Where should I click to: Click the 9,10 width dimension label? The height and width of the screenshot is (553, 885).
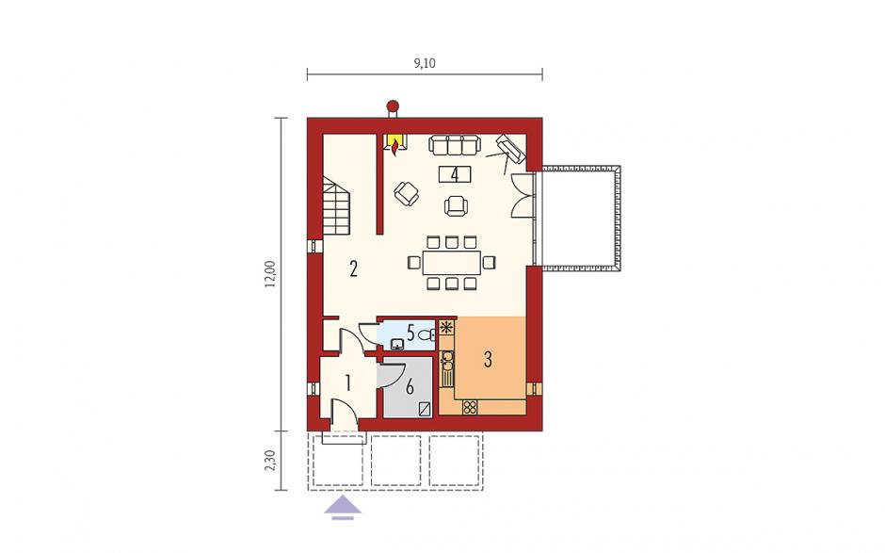point(425,63)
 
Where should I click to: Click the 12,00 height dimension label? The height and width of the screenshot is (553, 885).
point(271,274)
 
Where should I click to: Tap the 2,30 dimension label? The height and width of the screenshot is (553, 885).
point(271,461)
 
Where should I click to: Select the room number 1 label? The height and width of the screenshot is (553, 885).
point(348,383)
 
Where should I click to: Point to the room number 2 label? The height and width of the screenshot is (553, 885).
point(353,268)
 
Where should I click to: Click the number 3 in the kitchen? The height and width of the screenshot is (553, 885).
point(488,359)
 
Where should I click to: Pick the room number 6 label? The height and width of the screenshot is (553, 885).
point(410,387)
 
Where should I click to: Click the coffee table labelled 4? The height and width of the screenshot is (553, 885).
point(455,174)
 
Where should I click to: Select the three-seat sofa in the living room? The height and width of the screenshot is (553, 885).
point(455,144)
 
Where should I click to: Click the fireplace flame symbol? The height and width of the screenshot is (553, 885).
point(395,147)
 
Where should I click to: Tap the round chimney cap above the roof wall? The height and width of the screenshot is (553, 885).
point(393,106)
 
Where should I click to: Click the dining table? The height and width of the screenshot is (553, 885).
point(452,263)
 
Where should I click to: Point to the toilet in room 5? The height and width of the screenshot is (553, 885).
point(427,335)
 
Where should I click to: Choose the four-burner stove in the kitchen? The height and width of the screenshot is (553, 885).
point(470,406)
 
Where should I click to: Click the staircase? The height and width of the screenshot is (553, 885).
point(336,205)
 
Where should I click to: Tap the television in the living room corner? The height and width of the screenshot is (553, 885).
point(510,147)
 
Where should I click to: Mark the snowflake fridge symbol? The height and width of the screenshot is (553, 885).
point(447,328)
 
